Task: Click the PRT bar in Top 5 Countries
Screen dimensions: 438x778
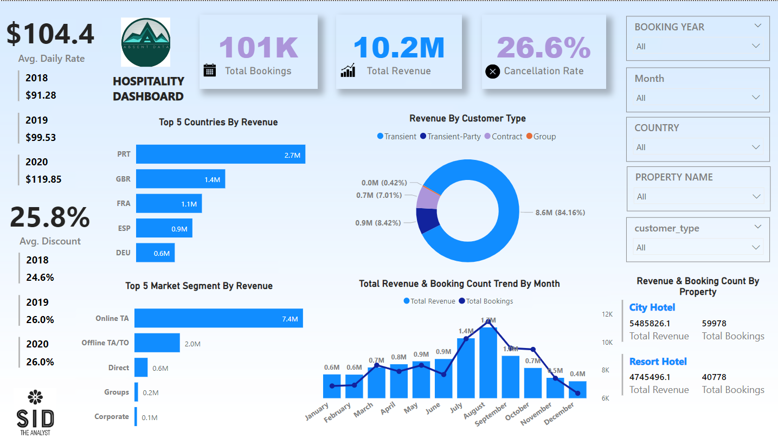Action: point(221,154)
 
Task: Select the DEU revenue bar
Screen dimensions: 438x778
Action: point(155,253)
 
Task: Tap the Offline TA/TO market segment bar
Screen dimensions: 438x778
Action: point(157,343)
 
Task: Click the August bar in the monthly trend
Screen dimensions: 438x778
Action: point(488,362)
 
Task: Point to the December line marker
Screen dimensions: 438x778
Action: point(577,394)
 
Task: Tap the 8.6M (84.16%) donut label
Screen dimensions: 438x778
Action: point(560,212)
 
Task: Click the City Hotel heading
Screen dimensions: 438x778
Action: point(652,307)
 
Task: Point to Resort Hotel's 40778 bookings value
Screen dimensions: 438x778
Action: point(714,377)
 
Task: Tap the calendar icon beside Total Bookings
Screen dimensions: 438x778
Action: point(210,70)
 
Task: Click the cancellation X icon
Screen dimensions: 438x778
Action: point(492,71)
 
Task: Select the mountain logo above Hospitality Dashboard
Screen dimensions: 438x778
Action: point(146,38)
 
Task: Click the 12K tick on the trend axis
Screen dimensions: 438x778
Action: point(607,314)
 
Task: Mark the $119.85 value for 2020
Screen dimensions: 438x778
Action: point(43,179)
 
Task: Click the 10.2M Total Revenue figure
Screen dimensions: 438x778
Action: point(398,47)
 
